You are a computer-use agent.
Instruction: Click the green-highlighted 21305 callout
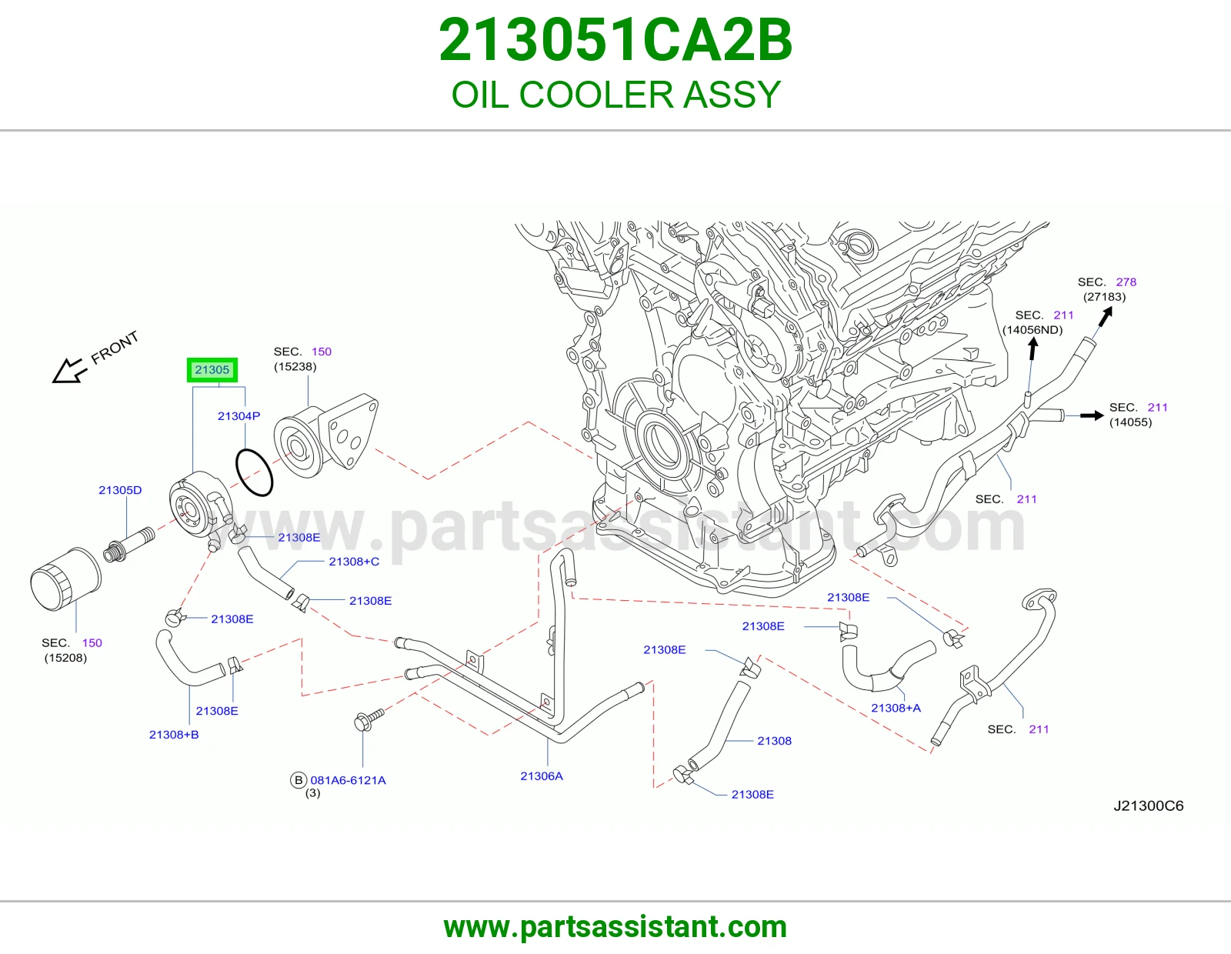(212, 370)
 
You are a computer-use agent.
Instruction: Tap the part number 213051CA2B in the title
(615, 40)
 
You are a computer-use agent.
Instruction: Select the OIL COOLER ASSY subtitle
(615, 95)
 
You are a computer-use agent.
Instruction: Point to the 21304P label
(239, 415)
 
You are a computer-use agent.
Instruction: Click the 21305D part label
(120, 490)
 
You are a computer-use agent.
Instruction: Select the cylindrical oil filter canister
(65, 579)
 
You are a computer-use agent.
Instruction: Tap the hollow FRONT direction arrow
(69, 372)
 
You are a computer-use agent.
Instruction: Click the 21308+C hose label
(354, 562)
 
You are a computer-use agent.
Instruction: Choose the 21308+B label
(174, 734)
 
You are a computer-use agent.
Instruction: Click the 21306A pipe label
(542, 776)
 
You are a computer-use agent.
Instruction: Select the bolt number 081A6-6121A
(348, 780)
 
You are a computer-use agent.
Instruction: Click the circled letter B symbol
(299, 780)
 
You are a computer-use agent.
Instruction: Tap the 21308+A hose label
(896, 708)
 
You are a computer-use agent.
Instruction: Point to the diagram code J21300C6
(1148, 806)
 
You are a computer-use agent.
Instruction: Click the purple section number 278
(1126, 282)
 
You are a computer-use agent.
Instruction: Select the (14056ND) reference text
(1033, 330)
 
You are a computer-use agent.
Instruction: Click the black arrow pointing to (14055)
(1092, 415)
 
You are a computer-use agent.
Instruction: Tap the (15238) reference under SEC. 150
(295, 366)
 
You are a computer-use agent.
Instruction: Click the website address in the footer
(615, 927)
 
